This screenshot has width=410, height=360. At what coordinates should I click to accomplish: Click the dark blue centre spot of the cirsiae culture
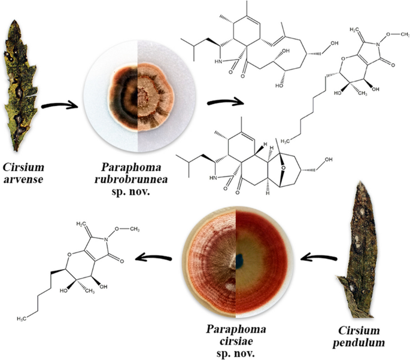239,261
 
